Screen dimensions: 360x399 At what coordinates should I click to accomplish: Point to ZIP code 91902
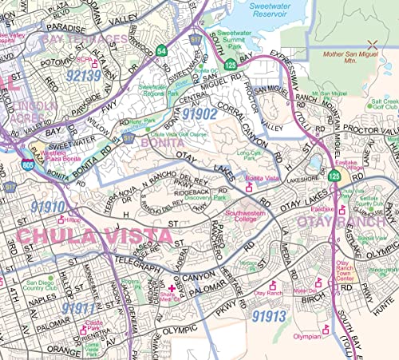pyautogui.click(x=199, y=113)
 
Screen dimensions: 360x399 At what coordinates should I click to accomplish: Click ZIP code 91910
pyautogui.click(x=48, y=206)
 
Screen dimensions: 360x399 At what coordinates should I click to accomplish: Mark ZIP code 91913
pyautogui.click(x=268, y=316)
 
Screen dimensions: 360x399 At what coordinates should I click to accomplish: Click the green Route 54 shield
pyautogui.click(x=161, y=51)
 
